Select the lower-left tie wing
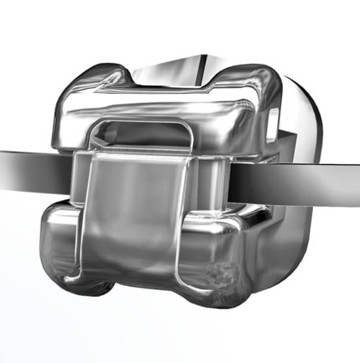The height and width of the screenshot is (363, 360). [x=62, y=248]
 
